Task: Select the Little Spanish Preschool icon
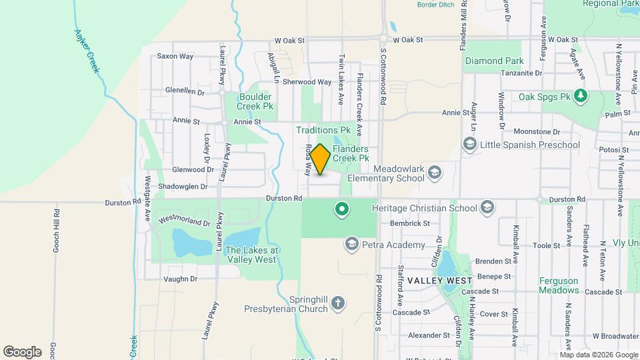(x=470, y=145)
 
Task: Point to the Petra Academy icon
(x=351, y=245)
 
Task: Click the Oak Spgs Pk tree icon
(x=581, y=97)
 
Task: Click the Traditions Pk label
(x=323, y=130)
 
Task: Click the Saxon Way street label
(x=175, y=56)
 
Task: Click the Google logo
(x=22, y=351)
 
